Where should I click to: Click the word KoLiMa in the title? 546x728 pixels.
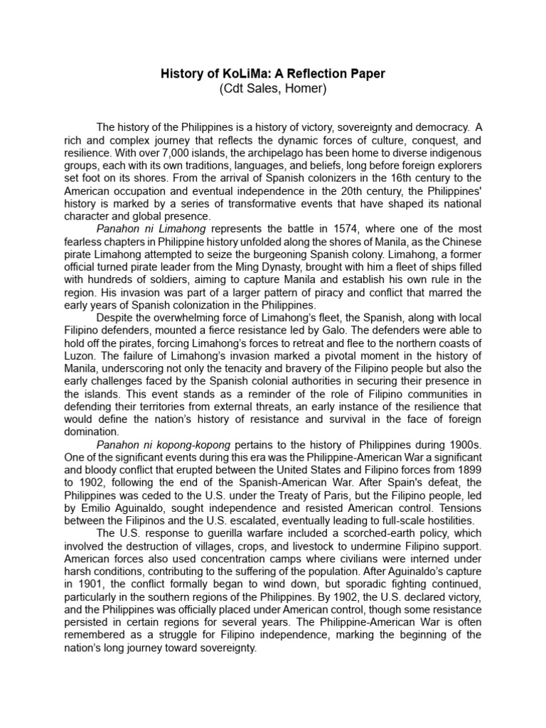click(245, 74)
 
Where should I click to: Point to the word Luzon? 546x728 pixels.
click(100, 357)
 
